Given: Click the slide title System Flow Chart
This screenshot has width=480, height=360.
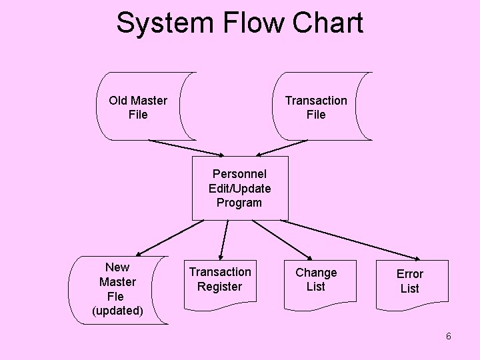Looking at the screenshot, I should [x=239, y=23].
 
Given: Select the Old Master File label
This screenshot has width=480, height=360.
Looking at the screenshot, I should [x=138, y=107].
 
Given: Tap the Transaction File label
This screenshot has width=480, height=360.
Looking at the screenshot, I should [x=316, y=107].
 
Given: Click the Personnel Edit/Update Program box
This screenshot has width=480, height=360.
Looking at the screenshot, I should [x=240, y=188].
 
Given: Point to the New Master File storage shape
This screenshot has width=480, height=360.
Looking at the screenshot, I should [x=120, y=290].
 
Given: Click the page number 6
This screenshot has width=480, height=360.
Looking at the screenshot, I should [x=449, y=336].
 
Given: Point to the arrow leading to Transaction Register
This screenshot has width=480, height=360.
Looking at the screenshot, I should [x=224, y=238].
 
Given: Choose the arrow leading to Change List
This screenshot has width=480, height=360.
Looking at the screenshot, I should [x=283, y=239].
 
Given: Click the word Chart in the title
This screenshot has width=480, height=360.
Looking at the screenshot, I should [x=327, y=23].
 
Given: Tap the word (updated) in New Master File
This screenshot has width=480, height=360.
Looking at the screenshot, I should [x=117, y=311].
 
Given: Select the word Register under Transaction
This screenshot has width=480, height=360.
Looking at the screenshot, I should [x=219, y=287].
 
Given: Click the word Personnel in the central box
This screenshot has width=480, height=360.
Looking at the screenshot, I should [x=239, y=174].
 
